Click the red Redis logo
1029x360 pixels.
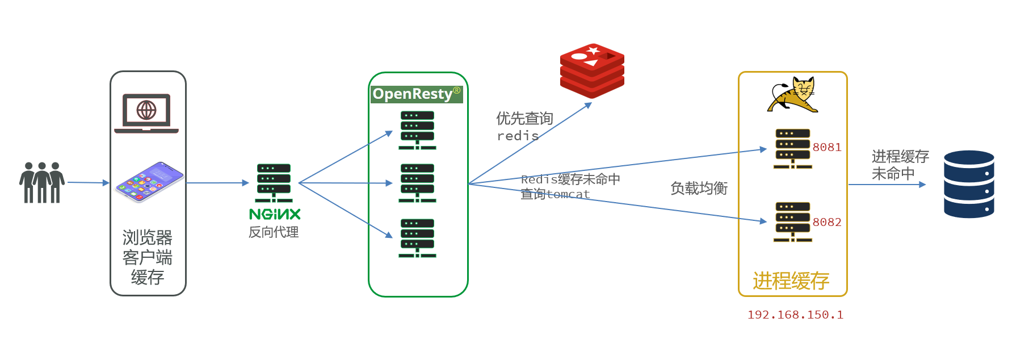[x=592, y=70]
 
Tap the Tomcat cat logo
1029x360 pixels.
[x=793, y=95]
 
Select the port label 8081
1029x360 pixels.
[x=827, y=148]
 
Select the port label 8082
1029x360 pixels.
[x=827, y=223]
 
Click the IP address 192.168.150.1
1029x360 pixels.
[x=795, y=315]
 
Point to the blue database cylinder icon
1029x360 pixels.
[x=969, y=184]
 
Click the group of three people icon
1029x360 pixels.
[x=42, y=183]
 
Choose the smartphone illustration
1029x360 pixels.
[x=149, y=182]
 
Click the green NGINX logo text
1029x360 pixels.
[x=275, y=214]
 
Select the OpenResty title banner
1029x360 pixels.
[x=417, y=94]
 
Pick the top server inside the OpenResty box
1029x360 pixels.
[x=417, y=130]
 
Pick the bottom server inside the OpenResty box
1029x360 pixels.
[x=417, y=238]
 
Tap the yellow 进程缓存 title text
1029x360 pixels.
[x=791, y=281]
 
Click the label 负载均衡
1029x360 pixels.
[x=699, y=189]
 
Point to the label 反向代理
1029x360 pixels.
[x=274, y=232]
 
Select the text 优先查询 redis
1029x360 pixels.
[x=523, y=127]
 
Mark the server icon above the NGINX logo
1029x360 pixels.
[x=274, y=183]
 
